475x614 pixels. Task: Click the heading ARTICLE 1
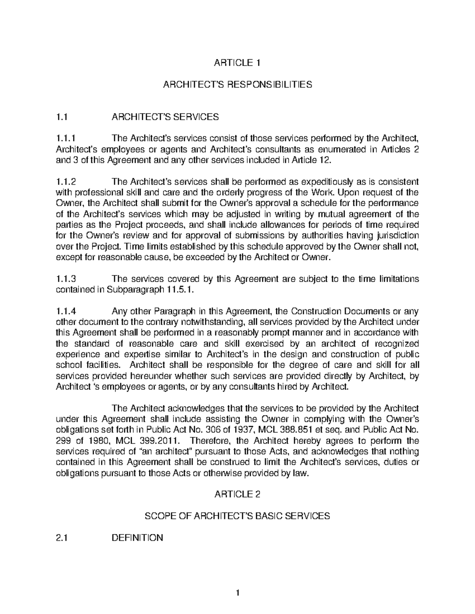click(237, 62)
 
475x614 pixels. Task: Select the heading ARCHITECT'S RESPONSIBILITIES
click(237, 84)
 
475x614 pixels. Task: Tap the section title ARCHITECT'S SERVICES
click(165, 117)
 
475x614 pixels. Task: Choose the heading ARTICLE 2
click(237, 494)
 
